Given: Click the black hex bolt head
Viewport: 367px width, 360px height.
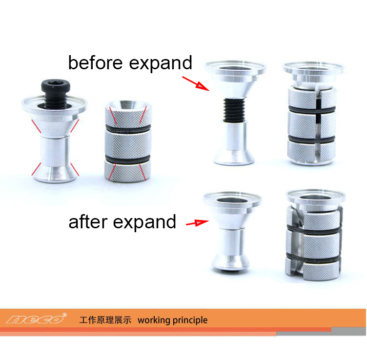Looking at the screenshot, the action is pos(56,85).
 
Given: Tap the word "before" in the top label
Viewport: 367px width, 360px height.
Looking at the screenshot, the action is pos(95,63).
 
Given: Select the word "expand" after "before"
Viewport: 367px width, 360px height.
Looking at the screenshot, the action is pos(161,64).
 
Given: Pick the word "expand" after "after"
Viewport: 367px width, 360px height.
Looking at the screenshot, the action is pos(144,223).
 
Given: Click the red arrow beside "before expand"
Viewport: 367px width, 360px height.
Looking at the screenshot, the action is pos(196,83).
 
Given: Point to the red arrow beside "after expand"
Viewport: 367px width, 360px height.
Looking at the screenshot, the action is pos(197,223).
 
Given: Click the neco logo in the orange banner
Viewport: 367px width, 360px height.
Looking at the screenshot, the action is pos(35,319).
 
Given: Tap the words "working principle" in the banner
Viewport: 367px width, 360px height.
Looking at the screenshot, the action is pos(172,320).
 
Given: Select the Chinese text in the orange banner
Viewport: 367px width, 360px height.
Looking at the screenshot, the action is pos(105,320).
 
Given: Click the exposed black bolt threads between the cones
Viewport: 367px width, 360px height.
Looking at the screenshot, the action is pos(234,110).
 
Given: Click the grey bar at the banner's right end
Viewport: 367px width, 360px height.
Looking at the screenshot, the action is pos(349,331).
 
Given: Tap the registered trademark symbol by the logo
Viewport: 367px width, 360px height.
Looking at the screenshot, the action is pos(65,315).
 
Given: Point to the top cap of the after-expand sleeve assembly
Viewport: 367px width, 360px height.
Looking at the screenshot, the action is pos(316,198).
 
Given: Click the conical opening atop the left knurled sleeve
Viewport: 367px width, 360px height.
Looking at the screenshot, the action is pos(128,106).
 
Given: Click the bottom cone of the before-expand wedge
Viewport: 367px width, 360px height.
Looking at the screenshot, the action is pos(234,157).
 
